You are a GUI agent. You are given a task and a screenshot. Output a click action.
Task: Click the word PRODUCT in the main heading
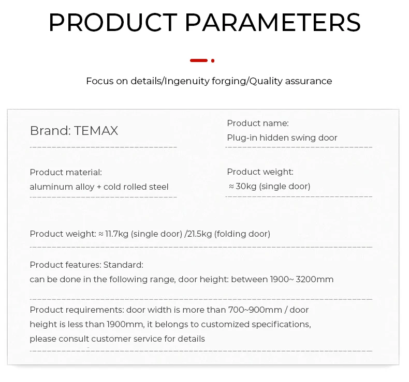(112, 23)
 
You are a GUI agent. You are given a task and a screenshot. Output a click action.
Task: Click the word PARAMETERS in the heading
(272, 23)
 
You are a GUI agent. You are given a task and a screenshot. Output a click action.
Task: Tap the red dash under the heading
(199, 60)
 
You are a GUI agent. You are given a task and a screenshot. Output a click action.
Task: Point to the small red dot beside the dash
(213, 60)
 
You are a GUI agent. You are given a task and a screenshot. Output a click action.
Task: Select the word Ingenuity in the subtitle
(188, 81)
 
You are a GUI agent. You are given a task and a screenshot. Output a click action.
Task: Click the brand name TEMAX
(96, 131)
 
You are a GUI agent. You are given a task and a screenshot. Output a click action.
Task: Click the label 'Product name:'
(258, 123)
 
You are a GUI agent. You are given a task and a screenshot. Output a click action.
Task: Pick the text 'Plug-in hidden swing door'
(282, 137)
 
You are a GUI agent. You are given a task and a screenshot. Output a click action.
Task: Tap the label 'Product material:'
(66, 172)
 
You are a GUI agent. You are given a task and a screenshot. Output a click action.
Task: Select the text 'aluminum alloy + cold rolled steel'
(99, 187)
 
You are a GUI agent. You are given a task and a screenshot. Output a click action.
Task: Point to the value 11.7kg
(116, 234)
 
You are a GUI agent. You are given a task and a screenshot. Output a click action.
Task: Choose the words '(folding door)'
(242, 234)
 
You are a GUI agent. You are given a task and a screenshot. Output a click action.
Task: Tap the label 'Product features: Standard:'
(86, 265)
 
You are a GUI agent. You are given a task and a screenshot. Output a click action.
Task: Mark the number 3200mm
(315, 279)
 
